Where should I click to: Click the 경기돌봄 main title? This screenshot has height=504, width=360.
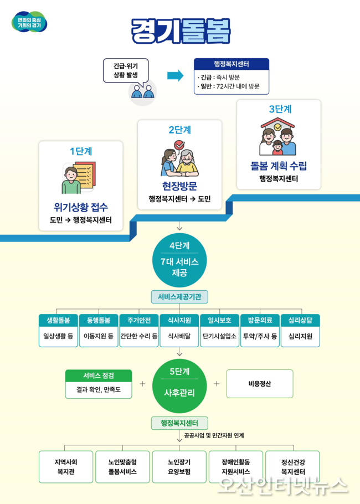point(181,31)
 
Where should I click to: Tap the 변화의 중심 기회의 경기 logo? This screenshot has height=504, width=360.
point(29,22)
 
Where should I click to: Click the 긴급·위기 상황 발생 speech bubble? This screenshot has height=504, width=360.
point(126,70)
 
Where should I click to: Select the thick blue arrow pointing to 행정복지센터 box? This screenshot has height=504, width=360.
point(175,75)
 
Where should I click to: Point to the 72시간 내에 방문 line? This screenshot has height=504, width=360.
point(228,86)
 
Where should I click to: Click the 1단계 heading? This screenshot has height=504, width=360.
point(81,151)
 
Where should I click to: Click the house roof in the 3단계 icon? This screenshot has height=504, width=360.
point(277,122)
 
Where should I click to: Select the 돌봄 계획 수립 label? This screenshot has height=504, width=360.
point(279,166)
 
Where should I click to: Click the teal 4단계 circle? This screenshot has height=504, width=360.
point(179,260)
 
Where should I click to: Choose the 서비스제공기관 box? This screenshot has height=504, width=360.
point(179,297)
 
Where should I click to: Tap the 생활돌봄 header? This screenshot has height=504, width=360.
point(58,320)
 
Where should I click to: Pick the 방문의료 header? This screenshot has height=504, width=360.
point(260,320)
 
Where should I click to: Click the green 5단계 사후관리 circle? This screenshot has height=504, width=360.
point(179,385)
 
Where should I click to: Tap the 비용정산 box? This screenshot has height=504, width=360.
point(260,383)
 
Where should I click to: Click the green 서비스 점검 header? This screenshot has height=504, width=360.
point(99,376)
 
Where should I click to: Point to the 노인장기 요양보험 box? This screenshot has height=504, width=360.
point(179,467)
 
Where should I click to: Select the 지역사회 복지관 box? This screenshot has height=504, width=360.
point(66,467)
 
